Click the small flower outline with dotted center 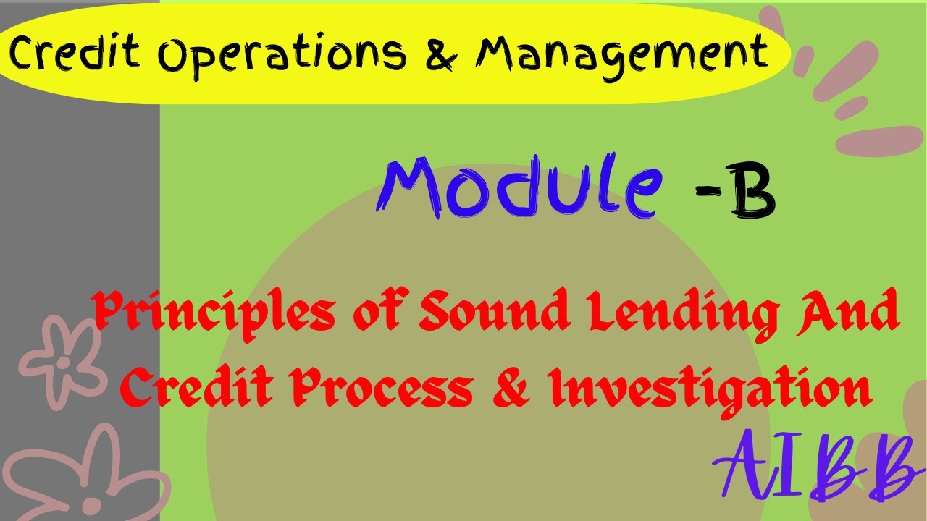(x=63, y=360)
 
